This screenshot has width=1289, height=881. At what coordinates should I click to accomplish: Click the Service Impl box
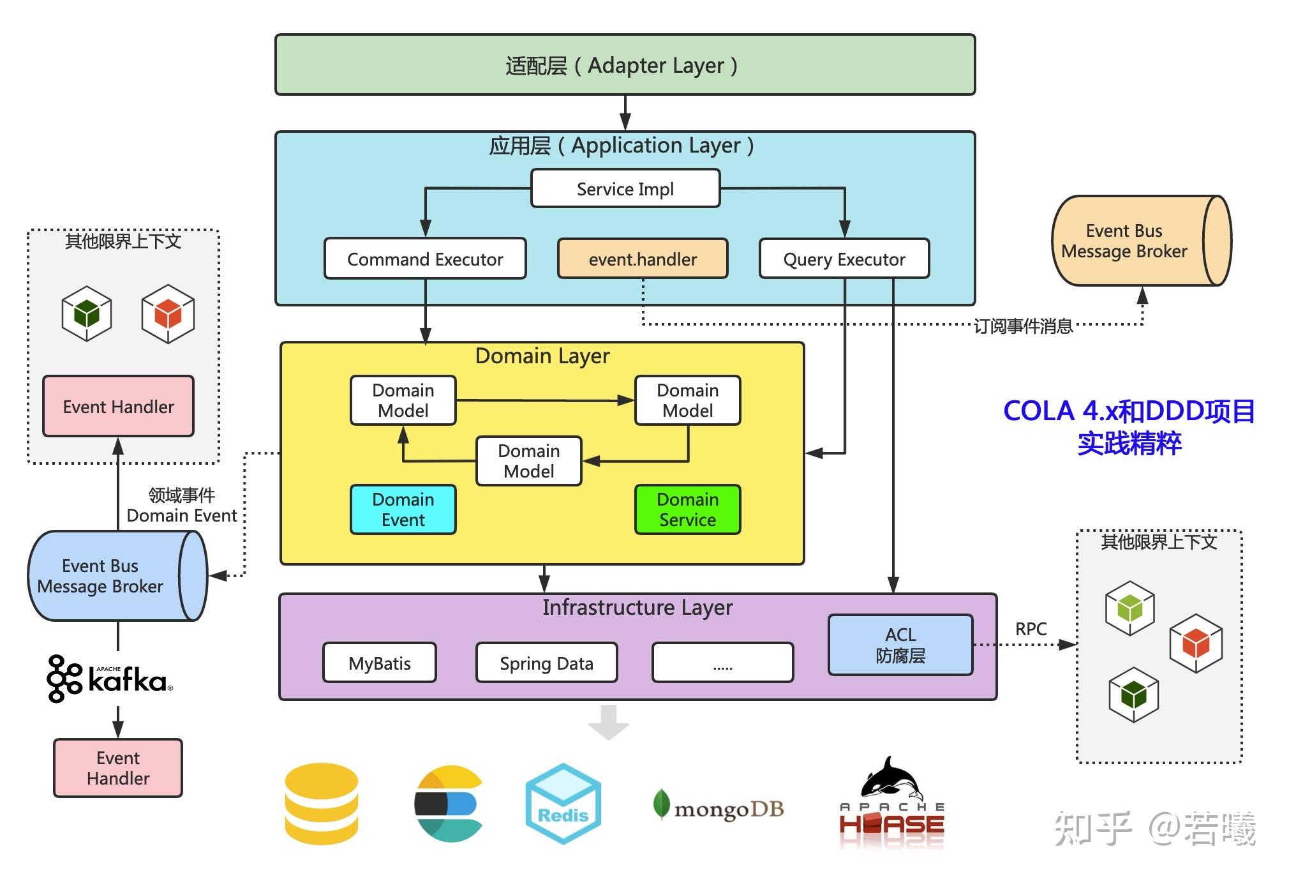[625, 189]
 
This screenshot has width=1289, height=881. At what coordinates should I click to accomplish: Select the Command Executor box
[425, 259]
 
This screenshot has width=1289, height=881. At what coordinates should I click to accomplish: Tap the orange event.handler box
[643, 259]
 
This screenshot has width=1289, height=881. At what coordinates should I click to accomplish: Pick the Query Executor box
[844, 259]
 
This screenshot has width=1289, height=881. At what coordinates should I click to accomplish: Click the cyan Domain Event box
[403, 509]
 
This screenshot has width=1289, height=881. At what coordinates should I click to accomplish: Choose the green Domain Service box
[687, 509]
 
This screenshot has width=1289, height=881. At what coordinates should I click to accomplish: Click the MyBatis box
[380, 663]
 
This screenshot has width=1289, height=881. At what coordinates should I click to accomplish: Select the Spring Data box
[546, 663]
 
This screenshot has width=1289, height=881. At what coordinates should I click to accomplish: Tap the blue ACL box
[900, 645]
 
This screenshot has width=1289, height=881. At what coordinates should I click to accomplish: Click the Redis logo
[563, 804]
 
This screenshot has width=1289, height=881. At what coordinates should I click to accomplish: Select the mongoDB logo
[718, 808]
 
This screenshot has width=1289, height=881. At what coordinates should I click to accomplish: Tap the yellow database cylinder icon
[321, 804]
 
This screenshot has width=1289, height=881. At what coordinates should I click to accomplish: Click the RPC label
[1031, 629]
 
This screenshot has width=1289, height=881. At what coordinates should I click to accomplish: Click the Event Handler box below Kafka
[118, 768]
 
